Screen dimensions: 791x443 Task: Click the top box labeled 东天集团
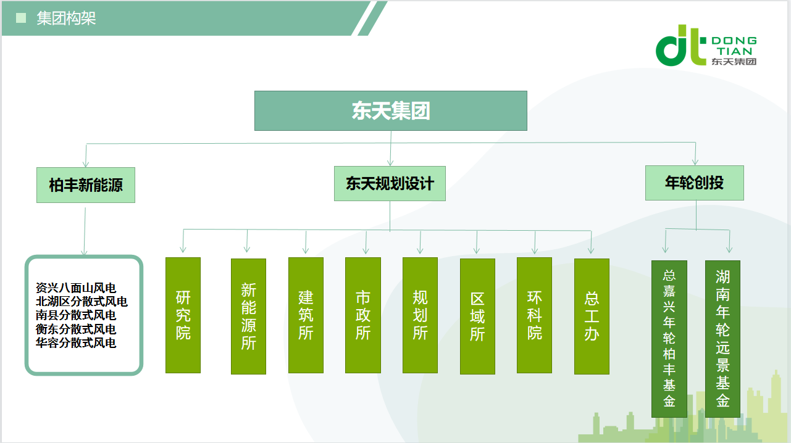coord(390,111)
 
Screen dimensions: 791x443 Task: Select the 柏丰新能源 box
coord(86,185)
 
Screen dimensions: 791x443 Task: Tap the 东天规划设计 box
coord(390,183)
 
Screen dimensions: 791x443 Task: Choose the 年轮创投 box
coord(695,183)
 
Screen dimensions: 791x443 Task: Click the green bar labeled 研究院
coord(183,315)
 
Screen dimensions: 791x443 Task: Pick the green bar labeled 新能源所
coord(248,317)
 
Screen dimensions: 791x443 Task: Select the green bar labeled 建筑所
coord(306,315)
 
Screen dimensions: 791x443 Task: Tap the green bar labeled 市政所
coord(363,315)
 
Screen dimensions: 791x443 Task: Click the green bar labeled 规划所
coord(421,315)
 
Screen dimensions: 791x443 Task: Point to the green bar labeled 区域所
coord(477,317)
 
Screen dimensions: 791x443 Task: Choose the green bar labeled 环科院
coord(534,315)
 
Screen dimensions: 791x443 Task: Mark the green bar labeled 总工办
coord(592,317)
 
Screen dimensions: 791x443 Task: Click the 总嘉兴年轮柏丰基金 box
coord(669,339)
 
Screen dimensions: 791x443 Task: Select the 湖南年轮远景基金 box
coord(722,339)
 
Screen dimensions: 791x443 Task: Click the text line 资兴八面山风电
coord(76,288)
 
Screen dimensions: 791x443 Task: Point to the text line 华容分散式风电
coord(76,342)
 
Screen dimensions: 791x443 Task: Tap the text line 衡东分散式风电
coord(76,329)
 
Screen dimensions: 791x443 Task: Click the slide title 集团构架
coord(66,18)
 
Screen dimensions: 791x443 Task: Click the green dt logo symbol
coord(678,45)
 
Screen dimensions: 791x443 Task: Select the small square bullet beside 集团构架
coord(21,18)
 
